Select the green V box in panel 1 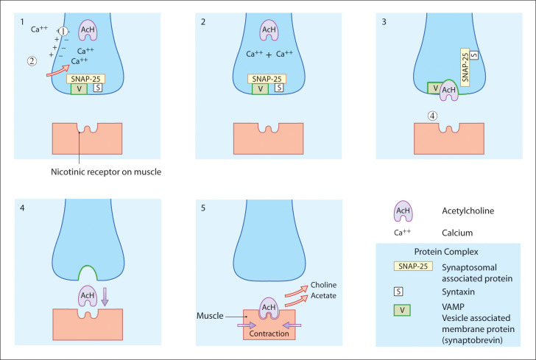[78, 88]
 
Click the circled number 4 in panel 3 [432, 115]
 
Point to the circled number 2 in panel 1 [32, 61]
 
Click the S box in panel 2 [278, 88]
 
